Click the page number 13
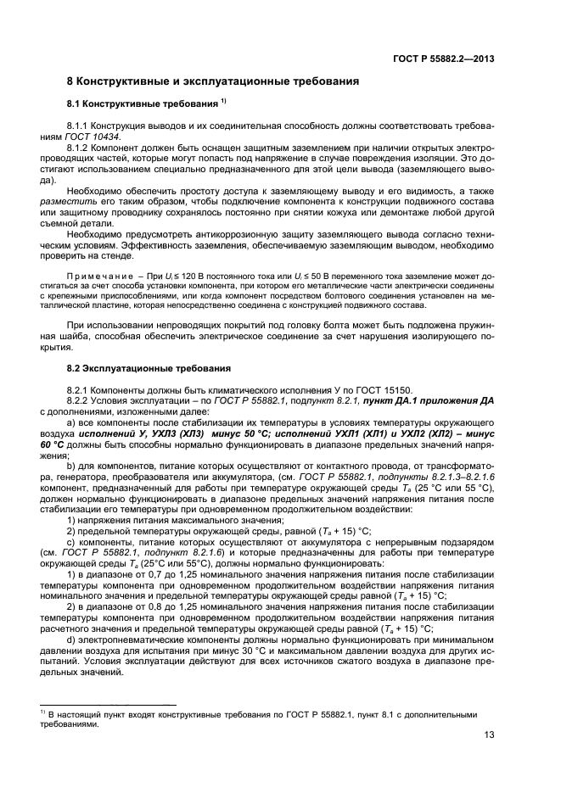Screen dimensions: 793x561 coord(489,735)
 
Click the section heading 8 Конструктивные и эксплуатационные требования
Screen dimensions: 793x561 coord(212,81)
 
